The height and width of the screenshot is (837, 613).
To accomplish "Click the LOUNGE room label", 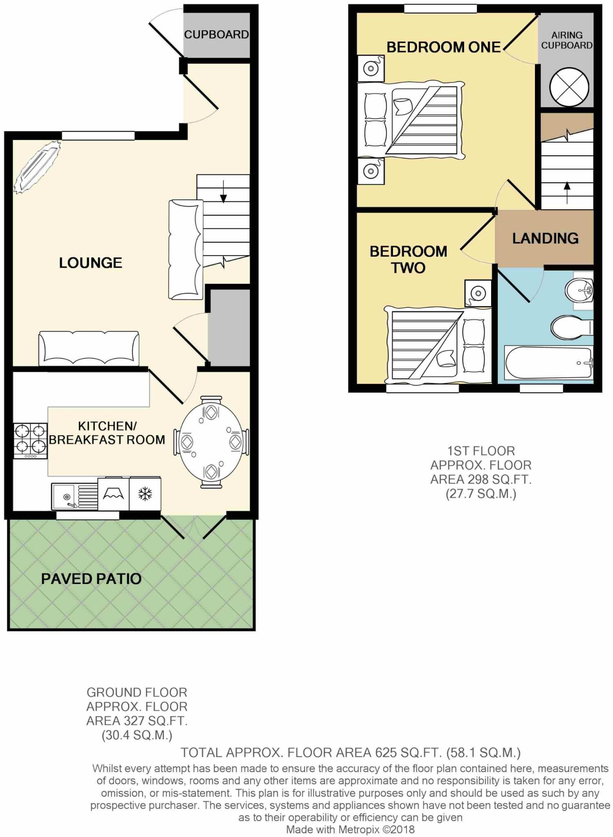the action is [90, 263].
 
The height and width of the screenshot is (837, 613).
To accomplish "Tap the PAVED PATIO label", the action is [91, 579].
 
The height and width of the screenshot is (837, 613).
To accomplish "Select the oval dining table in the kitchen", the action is [211, 442].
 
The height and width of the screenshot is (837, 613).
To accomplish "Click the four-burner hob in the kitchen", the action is [31, 441].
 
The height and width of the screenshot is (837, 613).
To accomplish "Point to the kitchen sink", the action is [74, 497].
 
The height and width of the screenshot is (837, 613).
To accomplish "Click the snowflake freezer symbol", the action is [145, 494].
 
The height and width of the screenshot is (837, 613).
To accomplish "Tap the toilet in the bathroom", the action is [572, 327].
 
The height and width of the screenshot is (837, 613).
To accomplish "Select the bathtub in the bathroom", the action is [549, 363].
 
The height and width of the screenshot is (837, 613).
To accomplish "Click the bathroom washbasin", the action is [579, 291].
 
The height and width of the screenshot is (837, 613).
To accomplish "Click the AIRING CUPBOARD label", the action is [567, 40].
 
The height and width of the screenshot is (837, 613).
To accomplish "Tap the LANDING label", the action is [545, 238].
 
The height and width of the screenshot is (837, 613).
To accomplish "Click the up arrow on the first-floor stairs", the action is [567, 192].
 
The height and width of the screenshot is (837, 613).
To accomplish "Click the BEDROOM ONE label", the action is [444, 47].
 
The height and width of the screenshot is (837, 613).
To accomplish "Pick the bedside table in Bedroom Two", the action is [478, 293].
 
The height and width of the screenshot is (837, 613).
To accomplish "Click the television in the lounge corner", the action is [37, 166].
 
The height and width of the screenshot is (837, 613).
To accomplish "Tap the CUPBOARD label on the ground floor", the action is [216, 34].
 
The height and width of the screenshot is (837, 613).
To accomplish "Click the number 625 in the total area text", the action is [384, 752].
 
